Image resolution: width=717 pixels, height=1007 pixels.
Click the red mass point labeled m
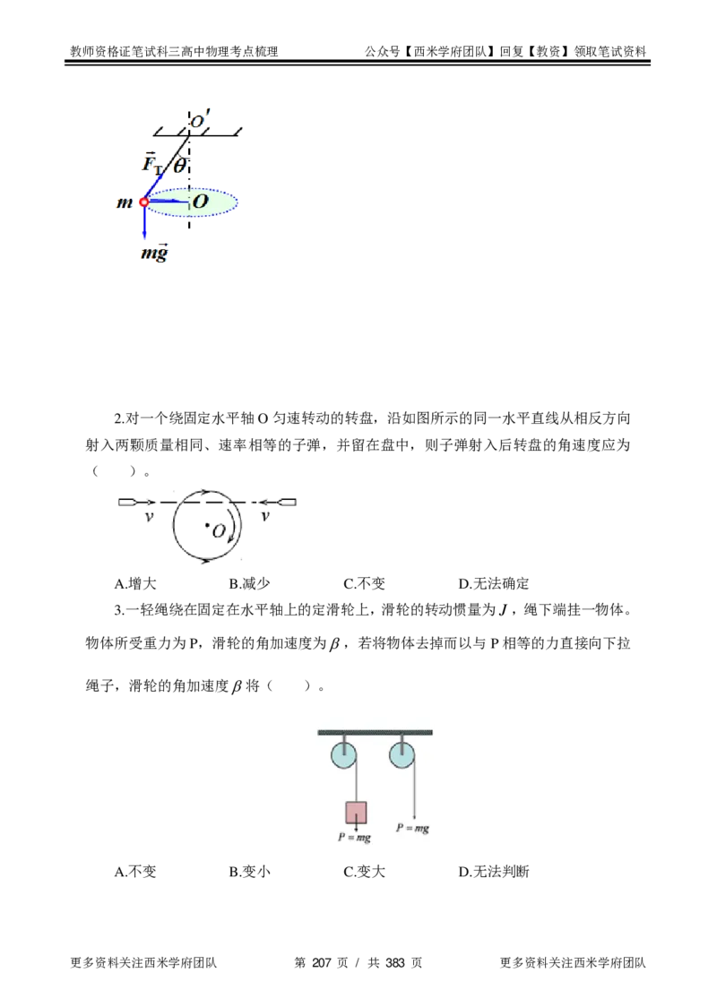tap(144, 202)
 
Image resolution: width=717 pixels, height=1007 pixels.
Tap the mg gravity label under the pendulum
tap(154, 252)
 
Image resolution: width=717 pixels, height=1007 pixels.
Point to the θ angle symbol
tap(179, 165)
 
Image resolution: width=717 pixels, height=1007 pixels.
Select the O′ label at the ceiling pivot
tap(200, 119)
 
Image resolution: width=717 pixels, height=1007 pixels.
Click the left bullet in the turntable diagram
tap(128, 503)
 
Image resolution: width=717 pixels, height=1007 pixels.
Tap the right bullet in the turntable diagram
tap(286, 503)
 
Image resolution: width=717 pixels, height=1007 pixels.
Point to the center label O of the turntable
tap(219, 530)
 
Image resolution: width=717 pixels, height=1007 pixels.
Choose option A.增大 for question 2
tap(135, 584)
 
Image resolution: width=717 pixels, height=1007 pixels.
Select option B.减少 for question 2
tap(249, 584)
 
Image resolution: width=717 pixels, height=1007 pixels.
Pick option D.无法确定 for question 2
tap(494, 584)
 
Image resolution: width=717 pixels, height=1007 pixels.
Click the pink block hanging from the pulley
tap(356, 813)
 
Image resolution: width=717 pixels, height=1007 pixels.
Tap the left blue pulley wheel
tap(344, 755)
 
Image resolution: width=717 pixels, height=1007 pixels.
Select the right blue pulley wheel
tap(402, 755)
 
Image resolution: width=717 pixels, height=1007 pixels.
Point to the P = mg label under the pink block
tap(355, 838)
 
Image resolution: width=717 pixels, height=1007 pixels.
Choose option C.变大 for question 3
tap(364, 872)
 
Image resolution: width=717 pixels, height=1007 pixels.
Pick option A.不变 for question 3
tap(135, 872)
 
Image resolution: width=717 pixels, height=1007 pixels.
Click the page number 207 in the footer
tap(321, 963)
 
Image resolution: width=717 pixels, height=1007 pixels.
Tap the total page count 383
tap(395, 963)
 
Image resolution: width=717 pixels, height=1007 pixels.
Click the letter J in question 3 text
tap(503, 610)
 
